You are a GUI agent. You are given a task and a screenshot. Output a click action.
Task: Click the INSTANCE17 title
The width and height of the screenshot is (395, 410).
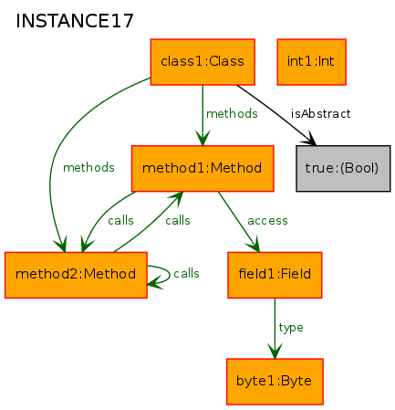pyautogui.click(x=75, y=21)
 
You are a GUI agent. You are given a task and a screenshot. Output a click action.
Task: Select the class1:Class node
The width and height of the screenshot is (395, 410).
pyautogui.click(x=203, y=62)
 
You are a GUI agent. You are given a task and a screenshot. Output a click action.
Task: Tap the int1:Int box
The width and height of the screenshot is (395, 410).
pyautogui.click(x=311, y=62)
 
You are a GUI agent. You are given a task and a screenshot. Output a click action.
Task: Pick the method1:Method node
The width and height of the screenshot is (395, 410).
pyautogui.click(x=203, y=168)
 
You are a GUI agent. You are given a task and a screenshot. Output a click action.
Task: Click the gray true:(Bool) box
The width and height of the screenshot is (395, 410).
pyautogui.click(x=343, y=168)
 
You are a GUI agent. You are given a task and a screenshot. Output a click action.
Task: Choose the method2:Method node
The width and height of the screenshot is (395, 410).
pyautogui.click(x=76, y=275)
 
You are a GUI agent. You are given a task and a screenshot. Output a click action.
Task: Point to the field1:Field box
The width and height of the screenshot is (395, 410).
pyautogui.click(x=275, y=275)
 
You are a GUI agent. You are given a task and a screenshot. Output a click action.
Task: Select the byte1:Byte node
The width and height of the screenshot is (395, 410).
pyautogui.click(x=275, y=382)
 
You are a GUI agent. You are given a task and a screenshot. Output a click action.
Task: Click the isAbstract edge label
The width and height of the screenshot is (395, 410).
pyautogui.click(x=321, y=114)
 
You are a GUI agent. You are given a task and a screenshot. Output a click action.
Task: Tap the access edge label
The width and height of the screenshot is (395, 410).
pyautogui.click(x=267, y=221)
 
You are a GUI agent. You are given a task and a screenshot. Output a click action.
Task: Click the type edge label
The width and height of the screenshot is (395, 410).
pyautogui.click(x=291, y=328)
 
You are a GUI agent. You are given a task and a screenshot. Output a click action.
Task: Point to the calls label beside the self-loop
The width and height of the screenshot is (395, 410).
pyautogui.click(x=186, y=273)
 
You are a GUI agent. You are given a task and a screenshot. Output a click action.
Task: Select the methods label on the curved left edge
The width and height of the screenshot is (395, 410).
pyautogui.click(x=88, y=167)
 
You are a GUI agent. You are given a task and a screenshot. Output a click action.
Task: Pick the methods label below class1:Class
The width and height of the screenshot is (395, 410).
pyautogui.click(x=232, y=114)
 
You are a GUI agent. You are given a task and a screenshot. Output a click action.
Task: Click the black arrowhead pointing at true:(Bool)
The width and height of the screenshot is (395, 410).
pyautogui.click(x=309, y=138)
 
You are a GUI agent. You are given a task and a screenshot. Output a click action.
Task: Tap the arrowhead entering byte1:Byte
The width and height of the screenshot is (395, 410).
pyautogui.click(x=275, y=351)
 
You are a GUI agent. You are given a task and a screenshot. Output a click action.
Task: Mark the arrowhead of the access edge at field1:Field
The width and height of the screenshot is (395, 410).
pyautogui.click(x=255, y=244)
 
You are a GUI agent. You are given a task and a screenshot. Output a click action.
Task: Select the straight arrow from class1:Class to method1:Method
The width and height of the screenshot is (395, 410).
pyautogui.click(x=203, y=115)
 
